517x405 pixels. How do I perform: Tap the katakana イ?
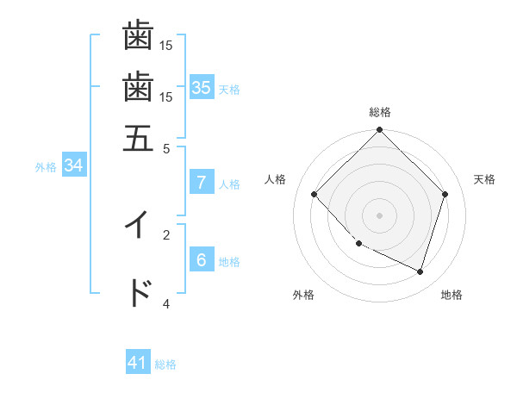click(x=138, y=225)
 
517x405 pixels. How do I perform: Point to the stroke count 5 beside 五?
click(x=167, y=148)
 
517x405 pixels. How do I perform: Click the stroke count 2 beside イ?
click(x=166, y=233)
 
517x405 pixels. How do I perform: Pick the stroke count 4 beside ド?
click(x=166, y=303)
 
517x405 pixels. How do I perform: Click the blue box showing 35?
click(x=202, y=87)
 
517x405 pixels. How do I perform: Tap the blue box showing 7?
click(x=202, y=183)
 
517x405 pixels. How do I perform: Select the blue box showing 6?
click(x=202, y=260)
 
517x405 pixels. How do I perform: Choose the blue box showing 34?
click(x=73, y=166)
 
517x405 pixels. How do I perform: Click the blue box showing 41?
click(x=138, y=363)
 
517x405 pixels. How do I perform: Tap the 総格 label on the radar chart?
click(x=380, y=113)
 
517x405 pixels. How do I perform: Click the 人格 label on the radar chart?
click(x=276, y=179)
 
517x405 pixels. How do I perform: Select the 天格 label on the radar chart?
click(x=484, y=179)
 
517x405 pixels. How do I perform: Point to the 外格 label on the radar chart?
click(x=303, y=295)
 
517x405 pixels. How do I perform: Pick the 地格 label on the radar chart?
click(x=452, y=295)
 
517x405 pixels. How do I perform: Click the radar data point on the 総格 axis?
click(x=380, y=131)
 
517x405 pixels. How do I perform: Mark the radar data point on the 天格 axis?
click(x=445, y=194)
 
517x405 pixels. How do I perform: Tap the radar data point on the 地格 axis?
click(x=420, y=271)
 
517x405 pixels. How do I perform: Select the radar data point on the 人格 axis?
click(x=315, y=194)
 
